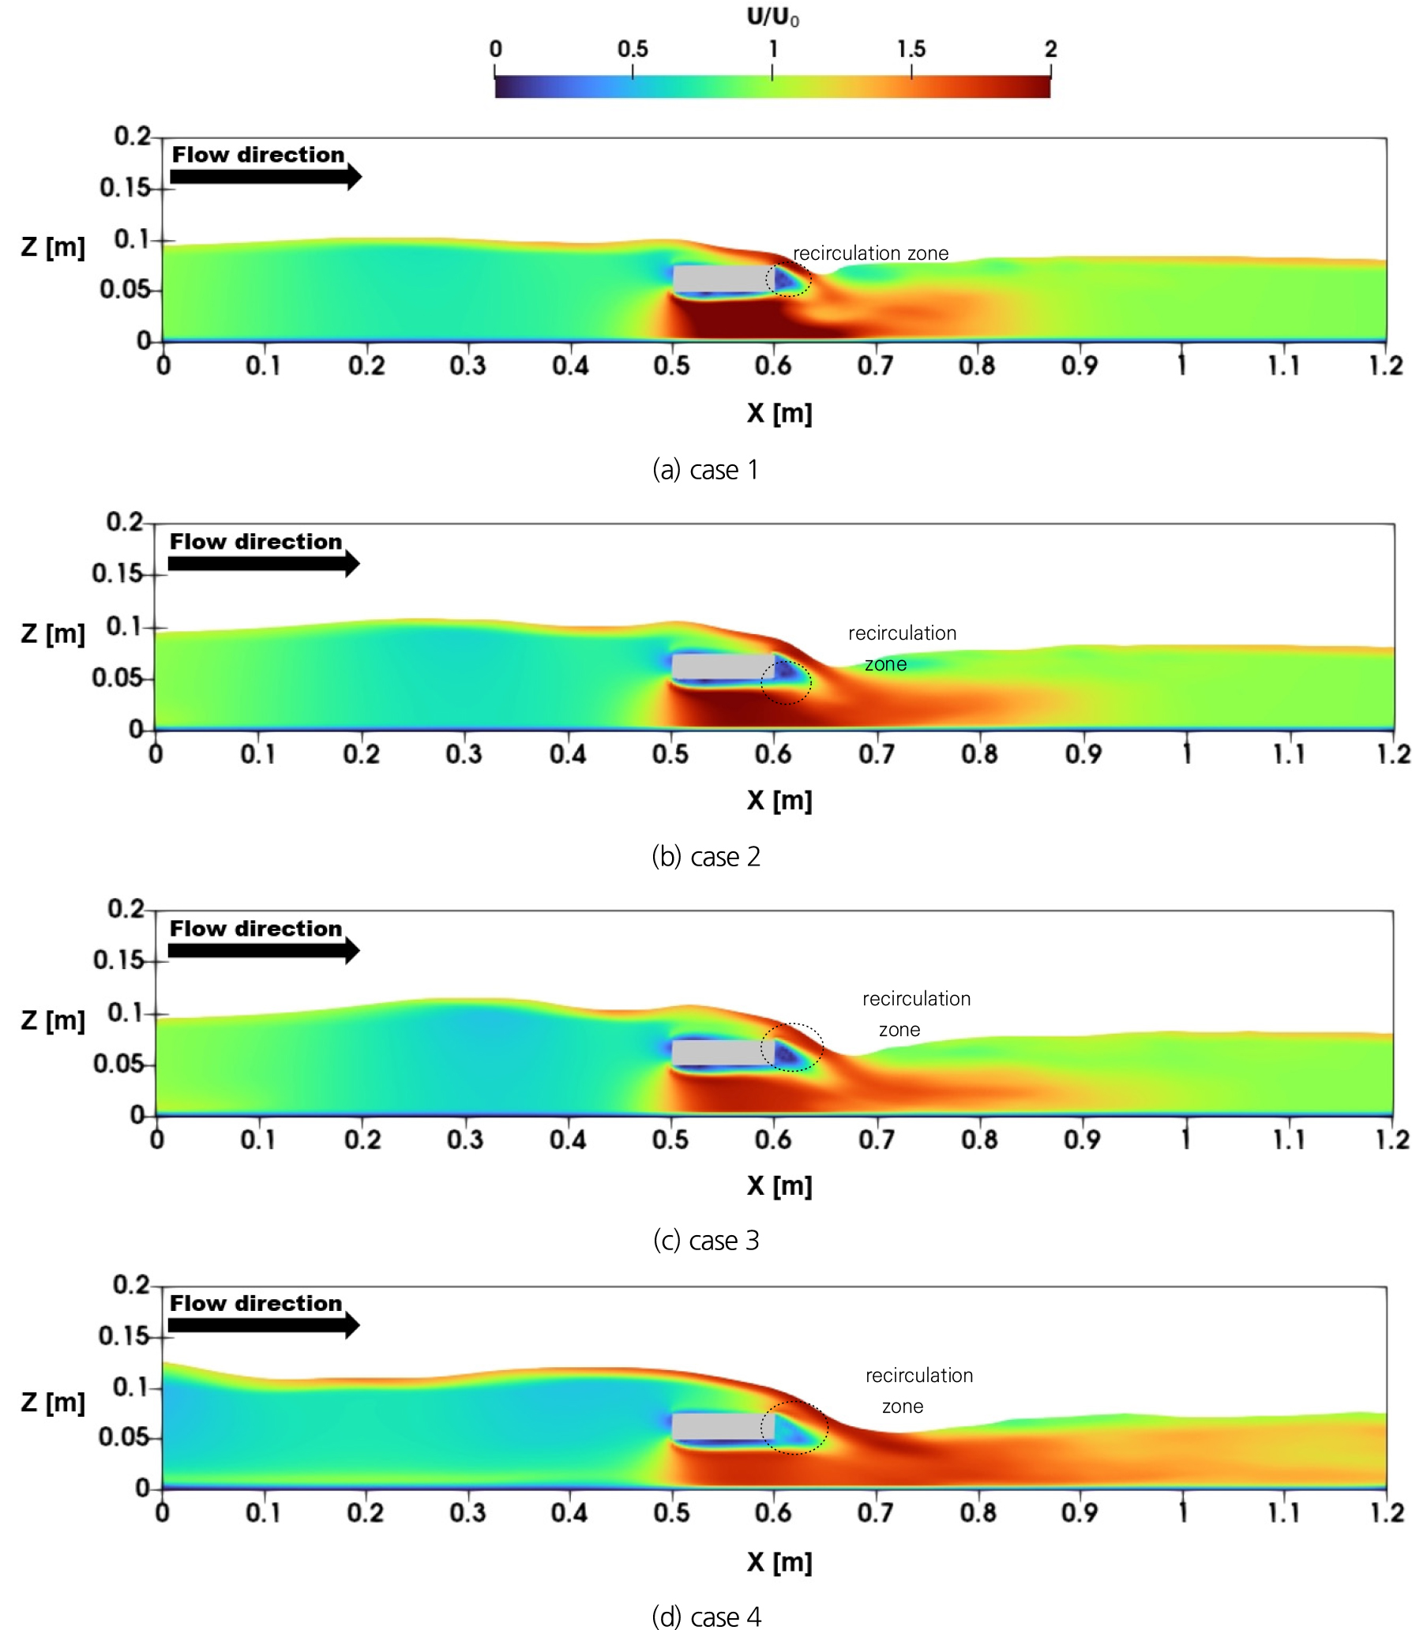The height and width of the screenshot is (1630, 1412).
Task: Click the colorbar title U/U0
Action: (x=772, y=17)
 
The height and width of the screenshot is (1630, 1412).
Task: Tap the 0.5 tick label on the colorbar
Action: (x=633, y=49)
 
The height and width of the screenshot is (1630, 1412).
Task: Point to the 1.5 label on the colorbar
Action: (x=911, y=49)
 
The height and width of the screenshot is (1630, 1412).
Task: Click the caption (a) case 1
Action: (x=705, y=470)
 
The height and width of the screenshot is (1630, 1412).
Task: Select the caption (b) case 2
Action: (x=705, y=857)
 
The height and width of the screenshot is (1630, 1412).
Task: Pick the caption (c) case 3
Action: (x=705, y=1241)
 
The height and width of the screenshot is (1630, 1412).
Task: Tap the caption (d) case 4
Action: (x=705, y=1617)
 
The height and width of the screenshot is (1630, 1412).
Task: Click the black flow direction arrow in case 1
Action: (x=265, y=177)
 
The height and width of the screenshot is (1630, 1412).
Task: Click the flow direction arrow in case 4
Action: (x=264, y=1325)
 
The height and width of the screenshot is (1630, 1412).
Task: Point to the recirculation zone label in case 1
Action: (x=870, y=254)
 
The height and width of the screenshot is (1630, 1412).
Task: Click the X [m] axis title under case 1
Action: (x=779, y=413)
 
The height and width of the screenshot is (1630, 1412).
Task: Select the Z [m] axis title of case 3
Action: (x=53, y=1020)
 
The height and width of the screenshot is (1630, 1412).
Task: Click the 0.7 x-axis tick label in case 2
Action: (x=877, y=754)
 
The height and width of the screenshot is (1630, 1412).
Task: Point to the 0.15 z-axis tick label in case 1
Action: (x=125, y=188)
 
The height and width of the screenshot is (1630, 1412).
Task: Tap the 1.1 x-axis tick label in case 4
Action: (x=1284, y=1512)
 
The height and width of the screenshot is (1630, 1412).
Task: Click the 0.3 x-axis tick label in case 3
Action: (x=465, y=1140)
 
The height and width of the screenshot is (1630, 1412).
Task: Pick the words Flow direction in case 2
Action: (x=256, y=542)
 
